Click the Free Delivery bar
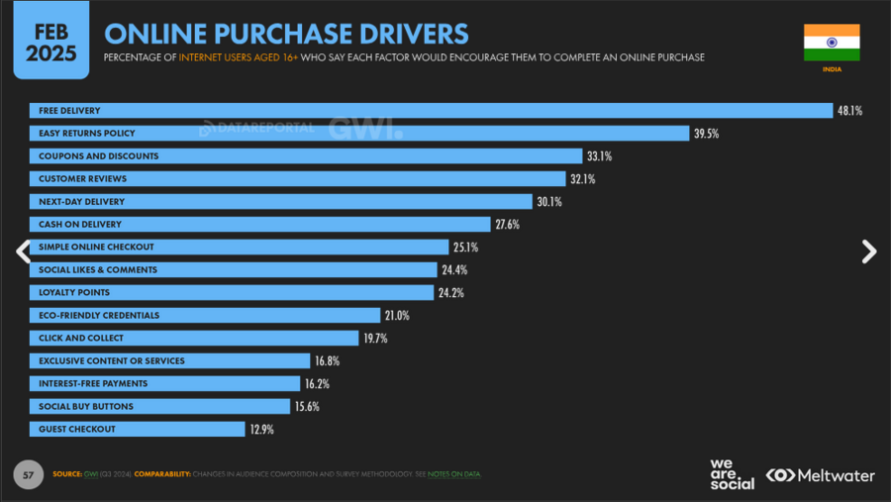(431, 110)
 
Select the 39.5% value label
(705, 134)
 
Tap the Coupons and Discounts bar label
(98, 156)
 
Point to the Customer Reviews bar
(297, 179)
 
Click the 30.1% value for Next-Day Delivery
(549, 202)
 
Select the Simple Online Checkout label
(96, 247)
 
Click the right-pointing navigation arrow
(869, 251)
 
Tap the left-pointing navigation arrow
(22, 251)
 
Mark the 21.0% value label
(397, 316)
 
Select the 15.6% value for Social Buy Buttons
(306, 407)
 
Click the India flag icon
(832, 43)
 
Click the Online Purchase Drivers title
(286, 33)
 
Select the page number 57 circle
(29, 474)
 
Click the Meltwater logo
(822, 475)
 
